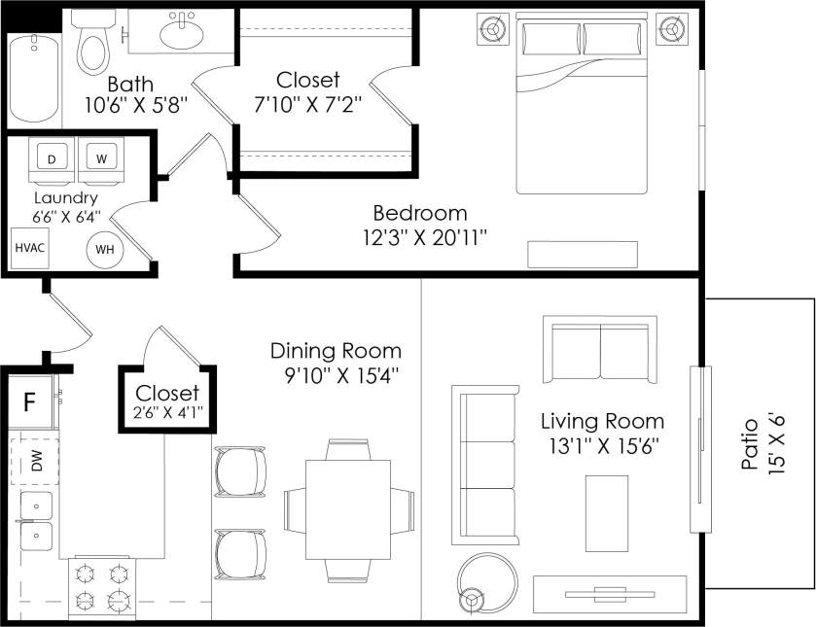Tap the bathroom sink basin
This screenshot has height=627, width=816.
(x=182, y=34)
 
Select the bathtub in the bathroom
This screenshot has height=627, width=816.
(x=32, y=81)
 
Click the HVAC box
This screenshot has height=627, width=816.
(x=29, y=247)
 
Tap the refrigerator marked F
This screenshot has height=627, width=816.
(x=30, y=401)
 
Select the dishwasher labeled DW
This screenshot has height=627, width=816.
(x=36, y=460)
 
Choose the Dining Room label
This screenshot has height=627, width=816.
(x=336, y=351)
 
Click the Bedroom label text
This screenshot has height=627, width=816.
(x=420, y=213)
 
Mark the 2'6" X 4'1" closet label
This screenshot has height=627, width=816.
(x=167, y=412)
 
